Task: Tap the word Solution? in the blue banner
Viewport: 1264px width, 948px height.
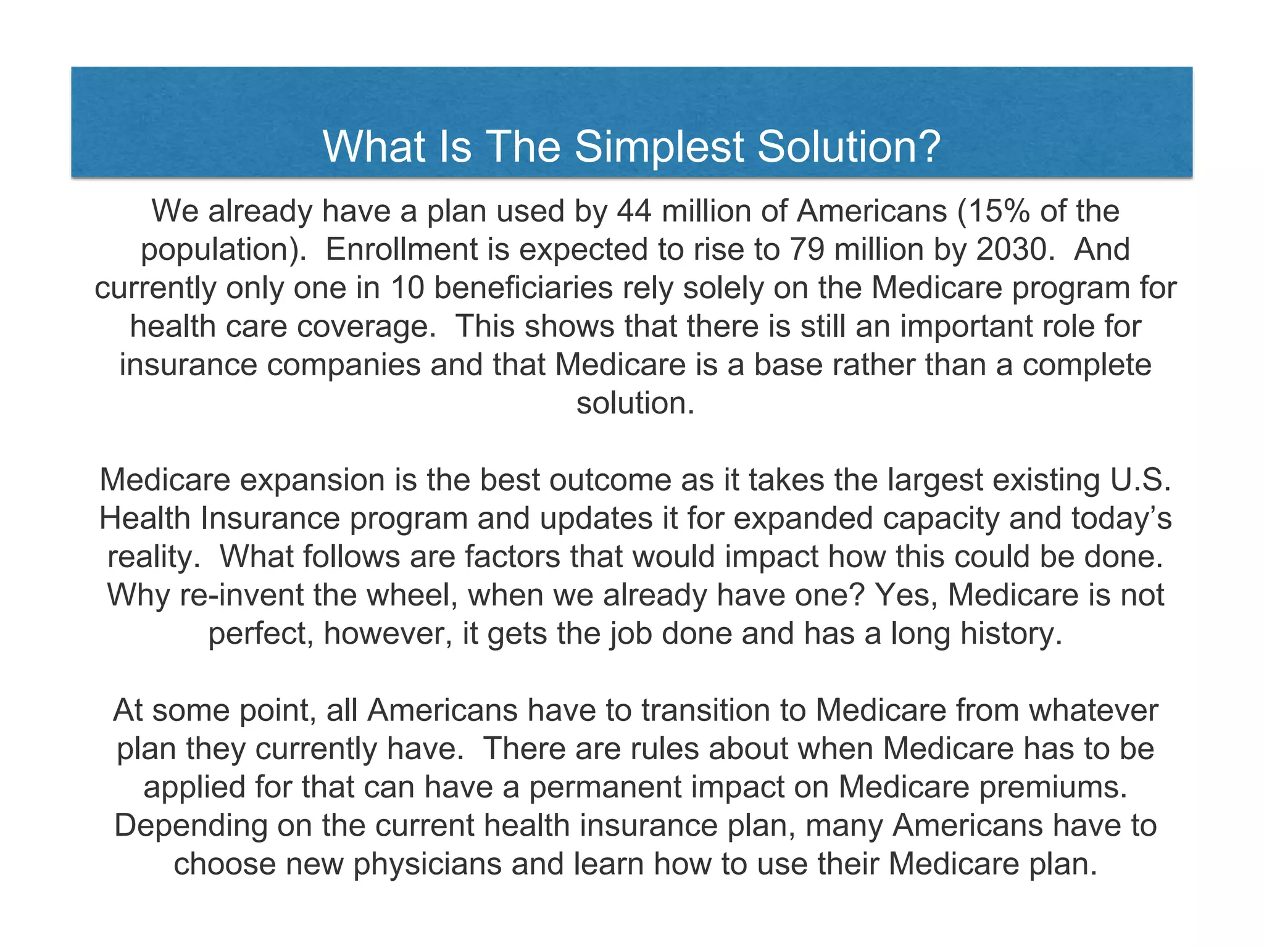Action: click(849, 147)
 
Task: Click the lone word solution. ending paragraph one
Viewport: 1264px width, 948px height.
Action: click(636, 403)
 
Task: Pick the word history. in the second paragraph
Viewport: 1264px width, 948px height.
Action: click(1011, 634)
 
